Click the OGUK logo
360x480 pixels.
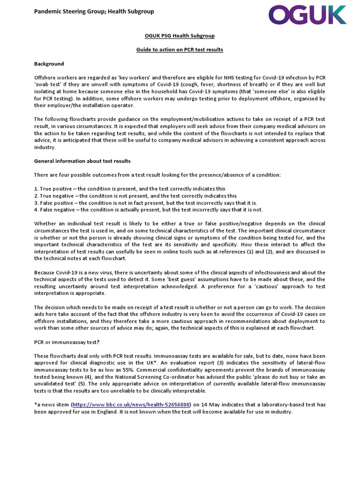coord(307,15)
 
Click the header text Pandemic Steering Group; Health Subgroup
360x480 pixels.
coord(94,11)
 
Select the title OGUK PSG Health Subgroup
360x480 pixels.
coord(180,36)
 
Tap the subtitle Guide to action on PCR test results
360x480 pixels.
coord(180,50)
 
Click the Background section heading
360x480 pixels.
coord(49,64)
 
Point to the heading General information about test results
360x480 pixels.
coord(82,161)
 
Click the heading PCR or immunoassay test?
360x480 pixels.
coord(67,342)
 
